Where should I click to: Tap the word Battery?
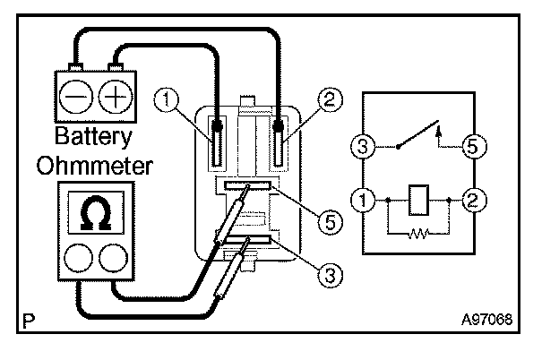coord(93,137)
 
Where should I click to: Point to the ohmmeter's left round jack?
coord(79,259)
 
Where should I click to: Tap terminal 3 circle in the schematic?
coord(363,147)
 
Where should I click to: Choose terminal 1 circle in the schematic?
coord(363,200)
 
